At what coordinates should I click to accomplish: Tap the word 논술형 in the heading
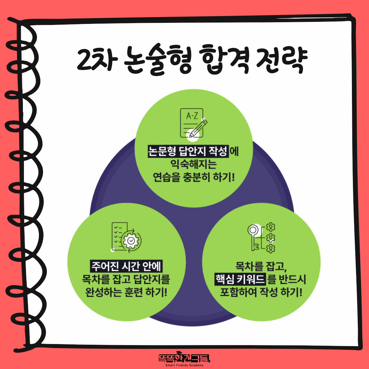click(x=157, y=60)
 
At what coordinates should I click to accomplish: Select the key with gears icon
click(x=261, y=237)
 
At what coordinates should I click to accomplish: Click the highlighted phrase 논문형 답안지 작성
click(x=188, y=151)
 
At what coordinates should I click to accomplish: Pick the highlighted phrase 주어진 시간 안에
click(x=126, y=266)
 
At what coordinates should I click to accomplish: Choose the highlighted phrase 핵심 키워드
click(x=240, y=279)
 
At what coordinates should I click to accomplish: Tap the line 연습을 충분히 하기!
click(x=194, y=177)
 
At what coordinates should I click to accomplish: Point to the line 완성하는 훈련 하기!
click(x=126, y=292)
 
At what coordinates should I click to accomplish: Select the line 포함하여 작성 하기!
click(x=261, y=292)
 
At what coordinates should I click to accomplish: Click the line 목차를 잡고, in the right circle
click(x=261, y=266)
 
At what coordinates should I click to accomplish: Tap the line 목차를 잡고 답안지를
click(x=126, y=279)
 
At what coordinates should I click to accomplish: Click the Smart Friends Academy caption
click(x=184, y=365)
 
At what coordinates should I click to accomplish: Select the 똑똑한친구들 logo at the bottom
click(x=184, y=357)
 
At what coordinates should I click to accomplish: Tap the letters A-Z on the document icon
click(x=192, y=116)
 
